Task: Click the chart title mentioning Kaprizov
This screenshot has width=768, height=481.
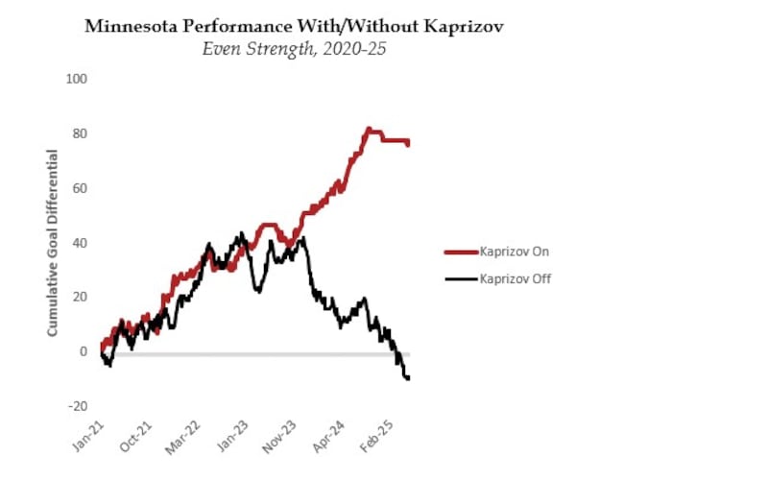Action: [x=294, y=26]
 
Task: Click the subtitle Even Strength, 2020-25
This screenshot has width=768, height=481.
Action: [x=294, y=48]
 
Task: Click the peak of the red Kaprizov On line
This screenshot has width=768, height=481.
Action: [x=368, y=129]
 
